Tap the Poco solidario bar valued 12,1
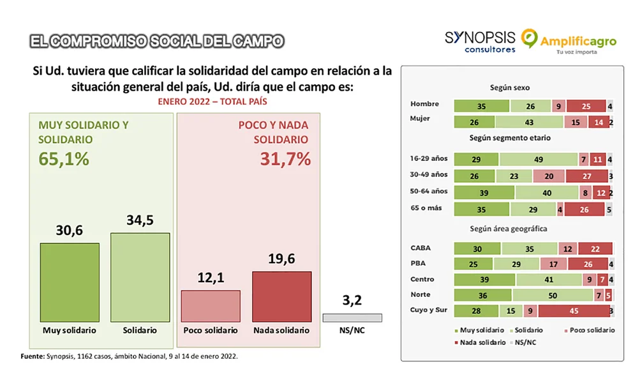pos(211,307)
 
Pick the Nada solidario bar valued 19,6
pos(281,297)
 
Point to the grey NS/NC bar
pos(352,317)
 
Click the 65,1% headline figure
pos(64,159)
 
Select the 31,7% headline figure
pos(285,159)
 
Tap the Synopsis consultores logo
pos(480,42)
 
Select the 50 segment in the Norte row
pos(553,295)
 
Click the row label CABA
pos(422,248)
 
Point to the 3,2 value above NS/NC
pos(352,300)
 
